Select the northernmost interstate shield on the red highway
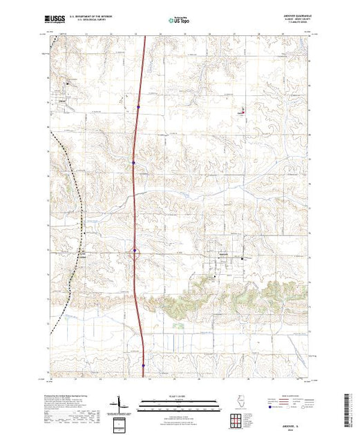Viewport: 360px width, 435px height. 138,106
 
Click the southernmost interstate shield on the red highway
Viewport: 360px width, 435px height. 143,366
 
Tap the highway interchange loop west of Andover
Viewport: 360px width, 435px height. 135,254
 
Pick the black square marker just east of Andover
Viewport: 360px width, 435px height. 242,258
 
